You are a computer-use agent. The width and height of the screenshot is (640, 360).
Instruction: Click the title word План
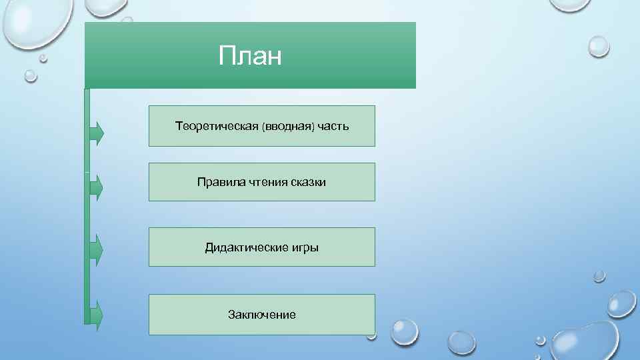coord(250,57)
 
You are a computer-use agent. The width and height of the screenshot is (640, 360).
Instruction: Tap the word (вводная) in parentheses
coord(287,126)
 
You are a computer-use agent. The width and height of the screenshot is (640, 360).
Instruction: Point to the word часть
coord(332,126)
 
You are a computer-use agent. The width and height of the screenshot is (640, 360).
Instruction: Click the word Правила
coord(218,182)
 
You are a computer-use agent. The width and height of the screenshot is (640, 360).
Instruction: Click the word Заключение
coord(261,315)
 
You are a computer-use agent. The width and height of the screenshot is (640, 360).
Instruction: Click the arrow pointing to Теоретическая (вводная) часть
coord(97,133)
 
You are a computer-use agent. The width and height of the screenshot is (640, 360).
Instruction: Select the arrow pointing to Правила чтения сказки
coord(97,187)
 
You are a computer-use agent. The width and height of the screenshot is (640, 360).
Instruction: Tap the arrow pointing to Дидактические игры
coord(97,250)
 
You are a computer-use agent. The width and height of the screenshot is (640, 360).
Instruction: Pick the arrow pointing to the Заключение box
coord(97,315)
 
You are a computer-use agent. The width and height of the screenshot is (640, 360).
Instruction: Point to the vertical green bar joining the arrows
coord(87,220)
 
